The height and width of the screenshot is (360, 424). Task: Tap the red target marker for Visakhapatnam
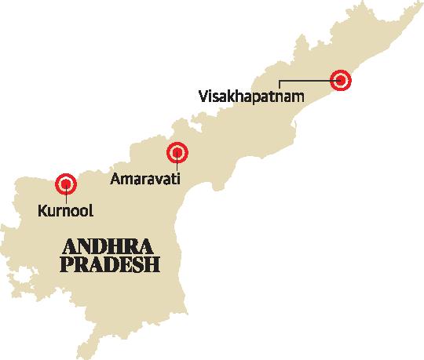(x=339, y=79)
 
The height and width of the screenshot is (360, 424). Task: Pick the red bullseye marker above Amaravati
(x=177, y=152)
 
